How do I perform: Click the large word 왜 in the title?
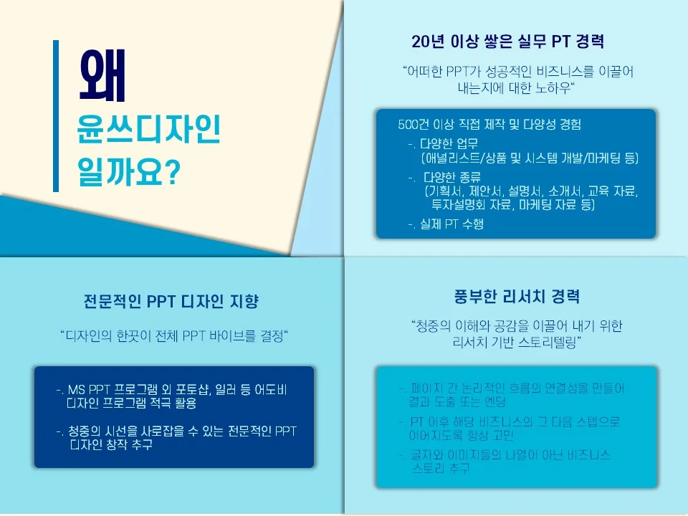103,77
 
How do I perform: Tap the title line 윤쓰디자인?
148,133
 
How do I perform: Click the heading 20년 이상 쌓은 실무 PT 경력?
508,41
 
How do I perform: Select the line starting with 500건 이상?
489,124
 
